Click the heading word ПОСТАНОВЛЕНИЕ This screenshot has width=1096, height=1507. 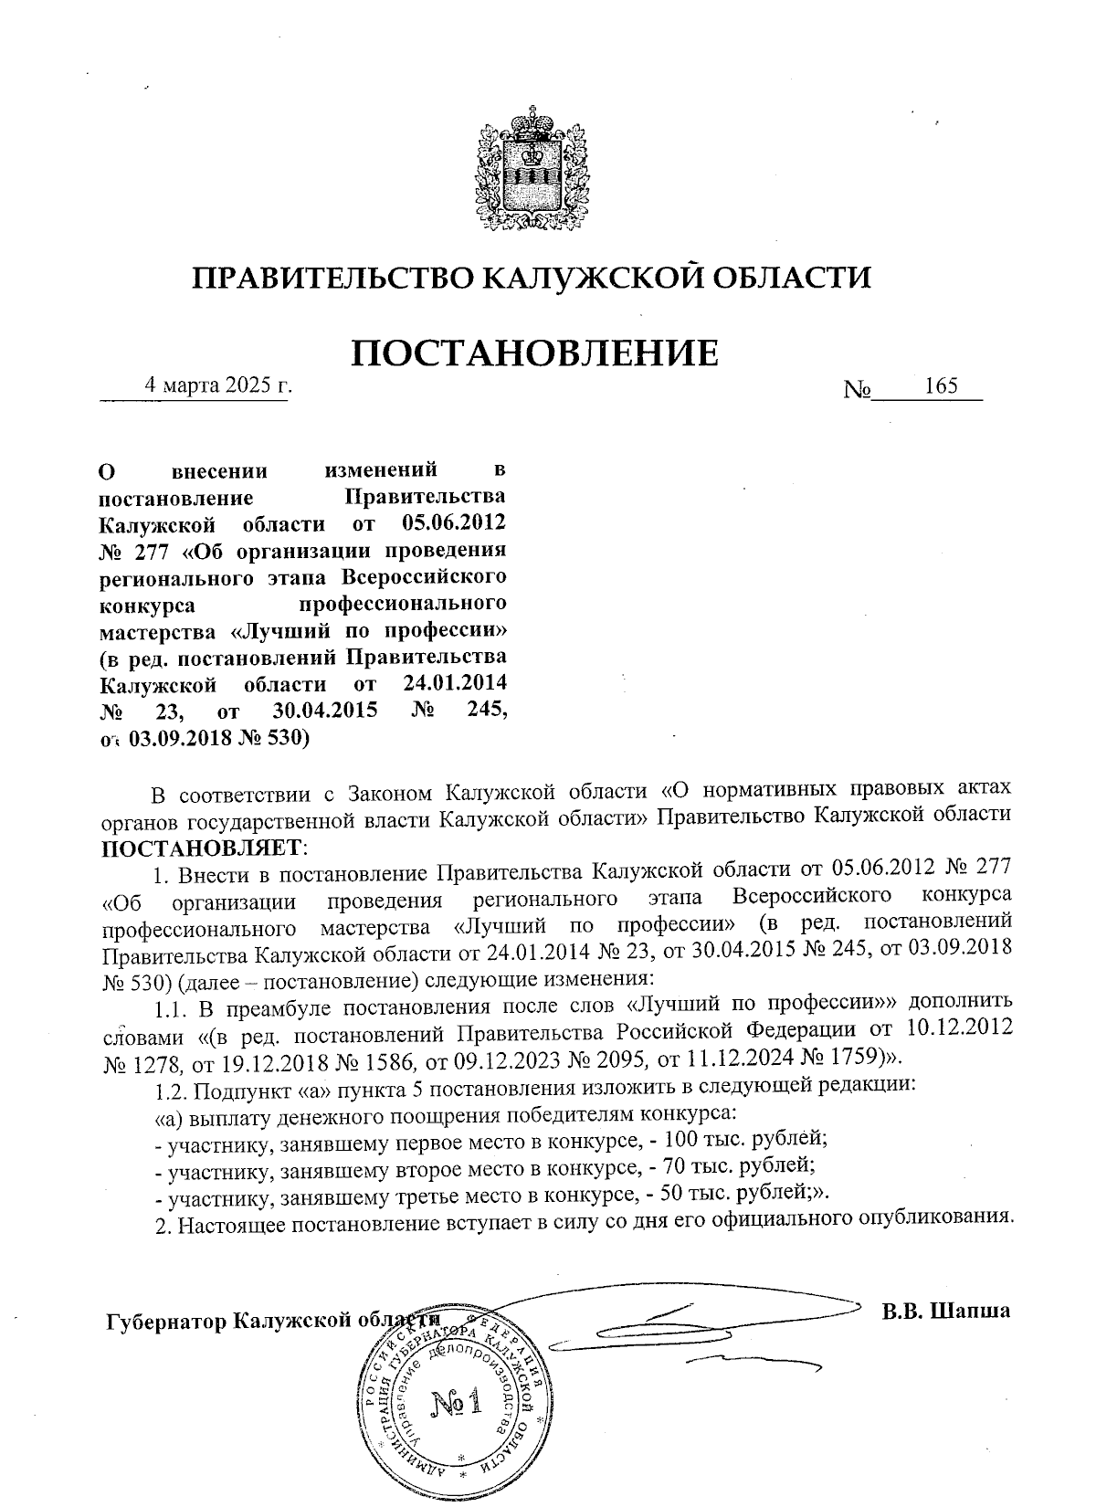(535, 353)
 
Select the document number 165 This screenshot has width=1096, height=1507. (941, 386)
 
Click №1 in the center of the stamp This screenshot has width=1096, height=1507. (454, 1402)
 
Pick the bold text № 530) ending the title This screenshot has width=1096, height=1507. (271, 738)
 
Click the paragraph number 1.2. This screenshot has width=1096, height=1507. (171, 1089)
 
